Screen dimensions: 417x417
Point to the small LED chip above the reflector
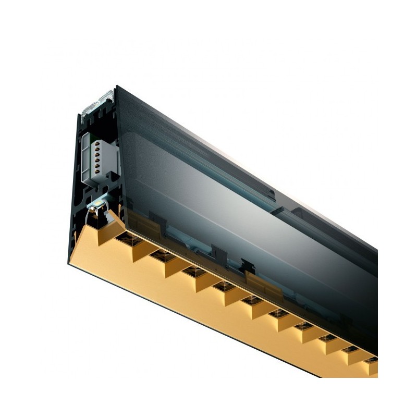click(x=99, y=201)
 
